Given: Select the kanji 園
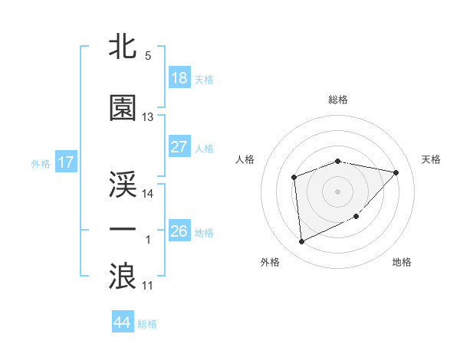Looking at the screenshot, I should (x=123, y=108).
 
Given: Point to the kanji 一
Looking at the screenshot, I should (x=123, y=230).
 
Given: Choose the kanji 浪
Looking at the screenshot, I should (x=123, y=276).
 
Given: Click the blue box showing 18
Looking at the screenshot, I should (x=179, y=78).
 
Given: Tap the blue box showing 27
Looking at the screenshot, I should (x=179, y=147).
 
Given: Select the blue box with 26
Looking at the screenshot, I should (x=179, y=231).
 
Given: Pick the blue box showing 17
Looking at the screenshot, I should (x=65, y=162).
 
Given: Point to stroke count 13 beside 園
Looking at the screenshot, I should (x=148, y=117).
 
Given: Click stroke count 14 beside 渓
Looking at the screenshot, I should (x=148, y=193).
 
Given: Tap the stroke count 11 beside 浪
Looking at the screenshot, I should (x=148, y=285).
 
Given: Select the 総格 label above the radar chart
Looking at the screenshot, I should (x=337, y=100).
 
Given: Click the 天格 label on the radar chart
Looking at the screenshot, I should (x=431, y=159).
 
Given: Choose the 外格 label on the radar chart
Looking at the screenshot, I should (x=270, y=262).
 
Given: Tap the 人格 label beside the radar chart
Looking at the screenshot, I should (x=245, y=159).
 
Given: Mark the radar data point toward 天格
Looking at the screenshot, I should (x=396, y=172).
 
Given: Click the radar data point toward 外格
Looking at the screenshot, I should (x=301, y=242).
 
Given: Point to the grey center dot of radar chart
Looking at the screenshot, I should (x=337, y=191).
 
